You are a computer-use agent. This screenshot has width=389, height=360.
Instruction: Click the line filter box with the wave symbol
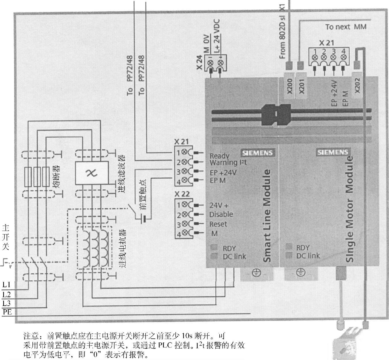tap(92, 173)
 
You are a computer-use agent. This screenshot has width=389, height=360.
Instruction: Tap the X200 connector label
tap(290, 86)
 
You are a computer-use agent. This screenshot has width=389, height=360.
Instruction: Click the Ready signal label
tap(219, 156)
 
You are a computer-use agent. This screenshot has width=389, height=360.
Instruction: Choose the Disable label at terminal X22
tap(221, 214)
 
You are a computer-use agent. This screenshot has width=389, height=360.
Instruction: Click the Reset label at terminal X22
tap(218, 224)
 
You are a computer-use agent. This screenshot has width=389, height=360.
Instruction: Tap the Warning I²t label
tap(228, 163)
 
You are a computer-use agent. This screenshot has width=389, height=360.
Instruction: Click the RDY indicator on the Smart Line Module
tap(229, 248)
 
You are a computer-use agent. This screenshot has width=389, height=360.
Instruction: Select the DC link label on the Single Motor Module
tap(308, 256)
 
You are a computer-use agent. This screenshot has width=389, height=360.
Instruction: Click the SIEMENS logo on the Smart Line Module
tap(257, 153)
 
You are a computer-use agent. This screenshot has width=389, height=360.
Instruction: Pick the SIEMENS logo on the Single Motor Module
tap(332, 152)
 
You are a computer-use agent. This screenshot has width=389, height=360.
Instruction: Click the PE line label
tap(7, 312)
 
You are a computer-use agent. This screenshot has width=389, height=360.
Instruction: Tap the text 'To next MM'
tap(346, 27)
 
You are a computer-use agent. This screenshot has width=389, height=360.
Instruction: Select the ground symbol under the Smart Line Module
tap(256, 273)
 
